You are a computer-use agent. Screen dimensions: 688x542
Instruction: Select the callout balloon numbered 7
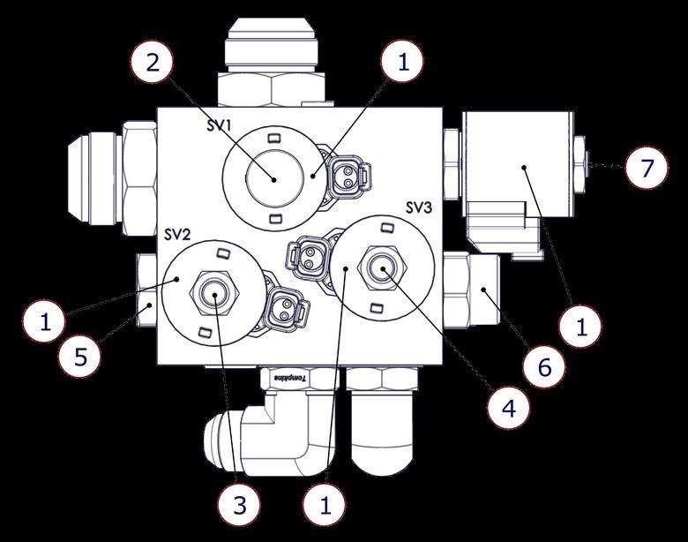pos(647,168)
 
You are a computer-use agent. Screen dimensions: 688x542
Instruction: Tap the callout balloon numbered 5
pos(80,357)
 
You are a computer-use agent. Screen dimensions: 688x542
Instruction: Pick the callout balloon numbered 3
pos(240,505)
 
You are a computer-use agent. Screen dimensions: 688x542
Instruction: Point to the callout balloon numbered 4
pos(509,408)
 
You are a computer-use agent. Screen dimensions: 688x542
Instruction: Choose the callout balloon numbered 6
pos(544,366)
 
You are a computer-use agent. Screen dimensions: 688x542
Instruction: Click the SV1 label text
pos(219,125)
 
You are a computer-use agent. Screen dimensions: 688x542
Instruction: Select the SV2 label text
pos(177,235)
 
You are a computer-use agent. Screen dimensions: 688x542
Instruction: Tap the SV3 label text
pos(418,207)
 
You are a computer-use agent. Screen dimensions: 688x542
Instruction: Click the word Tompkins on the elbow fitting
pos(289,378)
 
